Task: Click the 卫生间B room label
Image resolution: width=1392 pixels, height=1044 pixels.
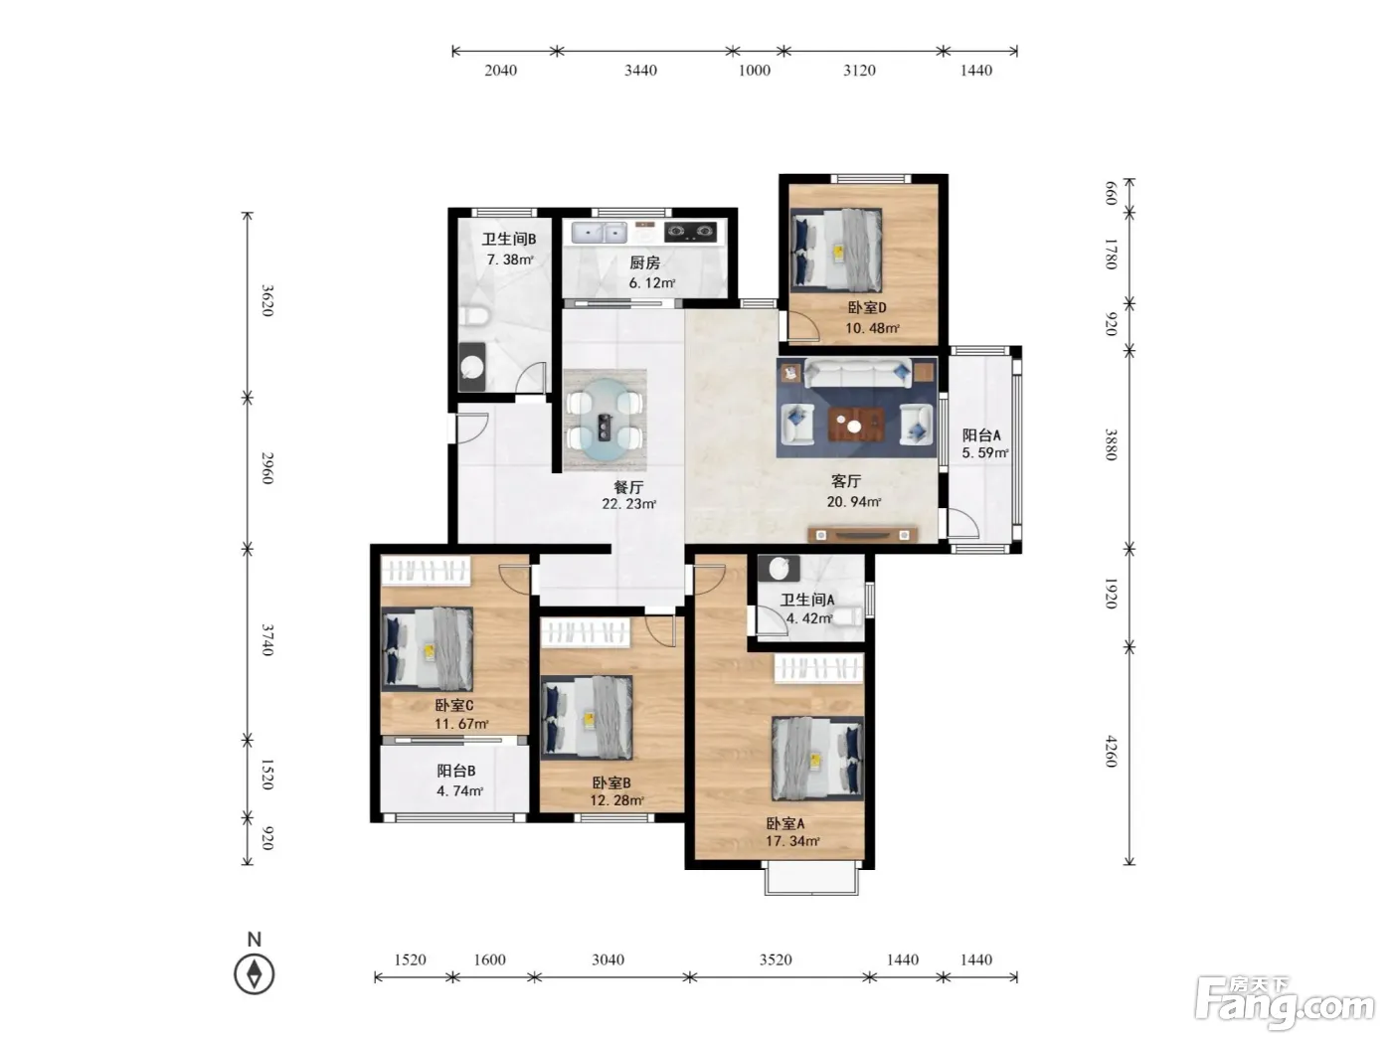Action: [x=509, y=239]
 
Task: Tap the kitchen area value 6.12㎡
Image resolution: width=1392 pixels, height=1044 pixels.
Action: [x=651, y=282]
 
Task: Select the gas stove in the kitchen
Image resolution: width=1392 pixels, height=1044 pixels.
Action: [x=690, y=232]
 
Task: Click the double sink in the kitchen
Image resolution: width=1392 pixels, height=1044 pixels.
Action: [x=599, y=233]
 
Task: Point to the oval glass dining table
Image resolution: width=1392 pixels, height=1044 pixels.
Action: [x=605, y=420]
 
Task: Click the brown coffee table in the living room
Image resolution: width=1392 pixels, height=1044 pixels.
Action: [x=855, y=425]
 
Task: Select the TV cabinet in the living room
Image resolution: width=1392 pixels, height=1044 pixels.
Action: [x=862, y=534]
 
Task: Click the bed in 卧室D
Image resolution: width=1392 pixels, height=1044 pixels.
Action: [x=836, y=250]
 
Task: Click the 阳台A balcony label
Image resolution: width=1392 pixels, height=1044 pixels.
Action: [x=981, y=435]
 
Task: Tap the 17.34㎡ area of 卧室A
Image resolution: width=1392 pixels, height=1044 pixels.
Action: [x=792, y=841]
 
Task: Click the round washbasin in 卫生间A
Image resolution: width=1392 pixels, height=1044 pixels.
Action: [x=780, y=569]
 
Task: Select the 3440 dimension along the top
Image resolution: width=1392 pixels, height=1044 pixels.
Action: [x=640, y=71]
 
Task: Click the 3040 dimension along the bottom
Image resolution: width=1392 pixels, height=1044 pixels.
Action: [x=608, y=959]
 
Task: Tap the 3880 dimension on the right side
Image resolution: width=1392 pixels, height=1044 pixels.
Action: [x=1111, y=444]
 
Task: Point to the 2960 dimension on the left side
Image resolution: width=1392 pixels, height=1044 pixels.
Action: [x=267, y=467]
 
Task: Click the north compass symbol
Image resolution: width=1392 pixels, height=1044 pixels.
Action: [x=255, y=973]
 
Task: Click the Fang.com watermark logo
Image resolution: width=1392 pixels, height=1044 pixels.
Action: [x=1284, y=1004]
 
